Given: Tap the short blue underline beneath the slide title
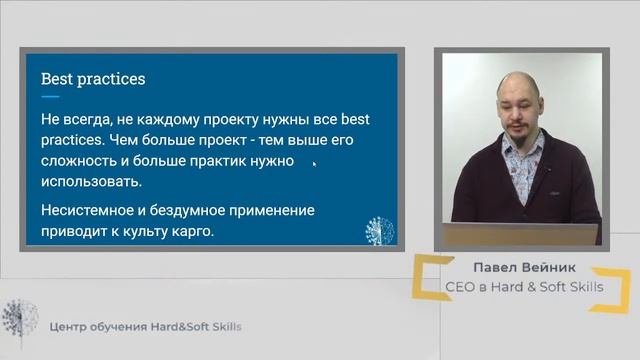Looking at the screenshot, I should tap(49, 97).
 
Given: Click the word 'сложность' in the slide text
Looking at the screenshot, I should tap(79, 161).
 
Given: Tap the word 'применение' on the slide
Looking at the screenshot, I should tap(272, 210).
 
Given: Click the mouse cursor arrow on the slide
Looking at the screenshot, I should tap(314, 164).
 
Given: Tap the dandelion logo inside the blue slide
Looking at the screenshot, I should tap(380, 230).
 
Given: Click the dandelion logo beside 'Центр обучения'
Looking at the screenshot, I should tap(19, 322).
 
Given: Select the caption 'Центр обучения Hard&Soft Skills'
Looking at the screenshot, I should tap(145, 327).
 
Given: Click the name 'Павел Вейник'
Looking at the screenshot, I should tap(524, 270).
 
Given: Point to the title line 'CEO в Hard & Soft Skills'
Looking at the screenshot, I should tap(524, 289).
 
